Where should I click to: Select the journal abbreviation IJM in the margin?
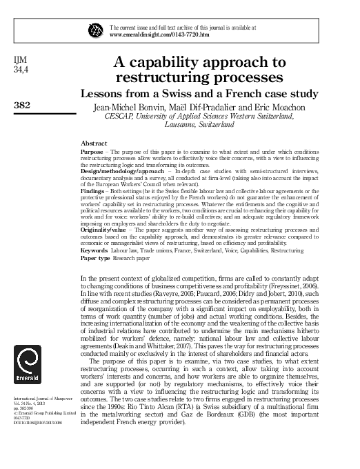[21, 59]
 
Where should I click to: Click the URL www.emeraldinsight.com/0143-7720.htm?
[150, 34]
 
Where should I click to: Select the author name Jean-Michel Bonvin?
[126, 108]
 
